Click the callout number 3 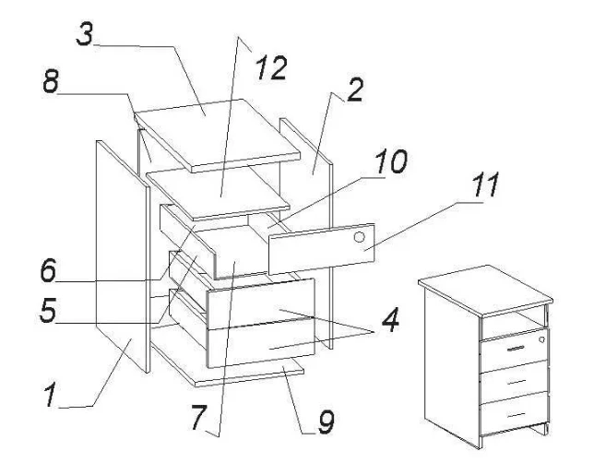[x=85, y=33]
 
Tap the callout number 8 [x=51, y=81]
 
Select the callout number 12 [x=272, y=68]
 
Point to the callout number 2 [x=355, y=90]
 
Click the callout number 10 [x=391, y=161]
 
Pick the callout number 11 [x=484, y=184]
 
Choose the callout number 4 [x=389, y=320]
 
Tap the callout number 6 [x=48, y=270]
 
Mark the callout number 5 [x=48, y=310]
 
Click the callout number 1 [x=50, y=394]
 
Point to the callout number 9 [x=326, y=422]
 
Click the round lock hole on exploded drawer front [x=359, y=237]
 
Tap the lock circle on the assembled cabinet [x=541, y=339]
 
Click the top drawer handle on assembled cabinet [x=516, y=349]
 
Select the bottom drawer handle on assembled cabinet [x=516, y=414]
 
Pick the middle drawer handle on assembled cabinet [x=516, y=382]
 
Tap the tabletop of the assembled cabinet [x=485, y=290]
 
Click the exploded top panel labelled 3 [x=217, y=134]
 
